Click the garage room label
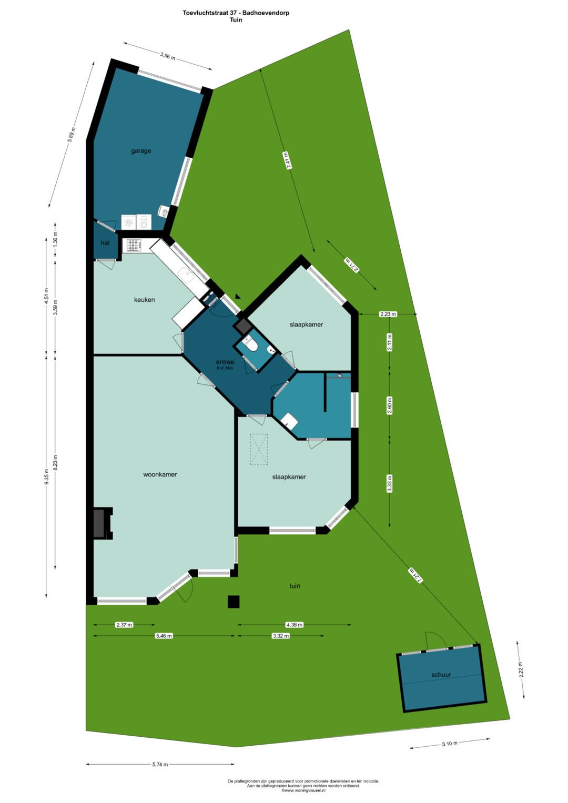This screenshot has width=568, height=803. tap(141, 151)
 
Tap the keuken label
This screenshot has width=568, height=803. tap(144, 300)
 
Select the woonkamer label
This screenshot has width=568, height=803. tap(160, 474)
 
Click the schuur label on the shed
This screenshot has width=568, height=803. tap(441, 675)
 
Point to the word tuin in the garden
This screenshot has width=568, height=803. tap(295, 586)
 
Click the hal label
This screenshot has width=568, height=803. tap(105, 243)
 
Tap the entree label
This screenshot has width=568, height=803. tap(225, 362)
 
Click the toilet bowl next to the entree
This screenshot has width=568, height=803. tap(250, 345)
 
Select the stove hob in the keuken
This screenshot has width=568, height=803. tap(134, 245)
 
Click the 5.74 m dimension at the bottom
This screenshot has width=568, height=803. tap(160, 765)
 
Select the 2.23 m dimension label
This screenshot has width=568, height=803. tap(388, 314)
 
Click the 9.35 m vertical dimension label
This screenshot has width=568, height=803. tap(46, 476)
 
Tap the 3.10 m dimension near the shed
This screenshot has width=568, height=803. tap(449, 744)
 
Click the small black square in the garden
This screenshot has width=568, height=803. tap(234, 602)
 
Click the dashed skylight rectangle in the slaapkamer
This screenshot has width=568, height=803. tap(258, 449)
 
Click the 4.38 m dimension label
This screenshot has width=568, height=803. tap(294, 625)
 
